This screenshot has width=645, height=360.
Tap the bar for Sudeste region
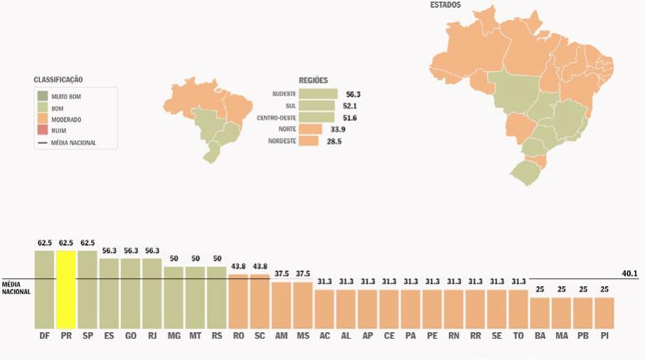(318, 94)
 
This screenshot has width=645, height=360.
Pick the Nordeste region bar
(309, 141)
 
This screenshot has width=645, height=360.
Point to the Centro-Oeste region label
(277, 117)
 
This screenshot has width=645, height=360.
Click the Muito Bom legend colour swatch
(43, 95)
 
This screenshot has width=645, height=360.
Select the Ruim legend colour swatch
(43, 131)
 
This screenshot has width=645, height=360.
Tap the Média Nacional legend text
(73, 142)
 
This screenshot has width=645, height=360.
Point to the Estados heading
(445, 5)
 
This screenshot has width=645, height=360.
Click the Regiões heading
(314, 80)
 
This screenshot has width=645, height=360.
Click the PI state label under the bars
(604, 335)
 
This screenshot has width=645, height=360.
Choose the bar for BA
(540, 312)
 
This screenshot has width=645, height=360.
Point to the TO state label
(518, 335)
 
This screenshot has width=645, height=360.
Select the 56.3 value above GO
(131, 251)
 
